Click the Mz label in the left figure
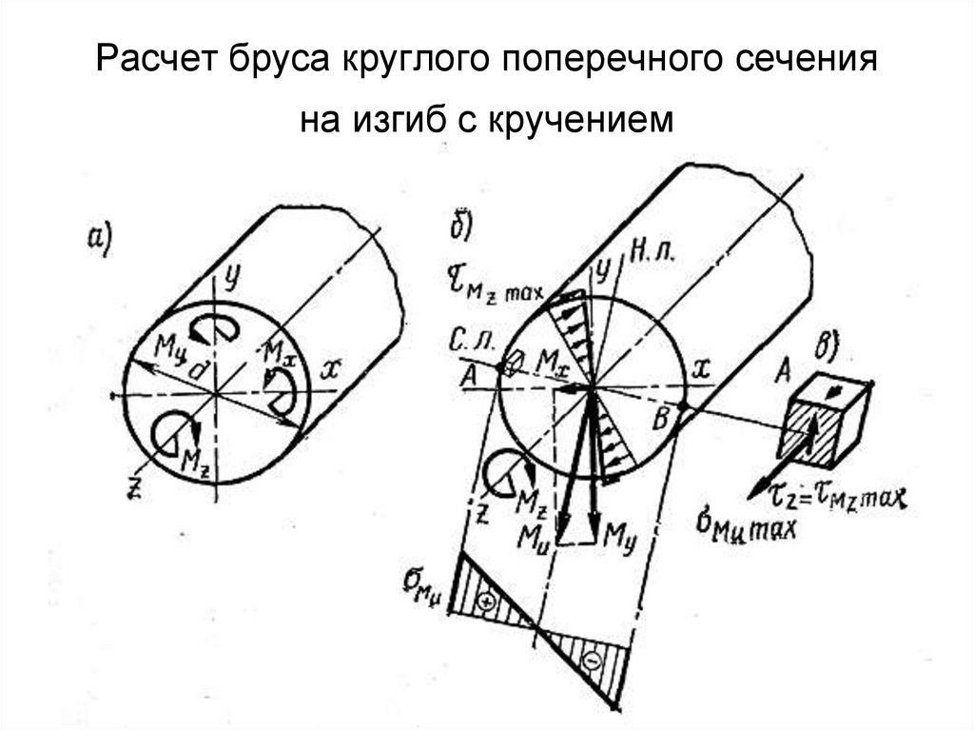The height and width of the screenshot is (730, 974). coord(194,460)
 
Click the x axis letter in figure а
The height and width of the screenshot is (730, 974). coord(327,369)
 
